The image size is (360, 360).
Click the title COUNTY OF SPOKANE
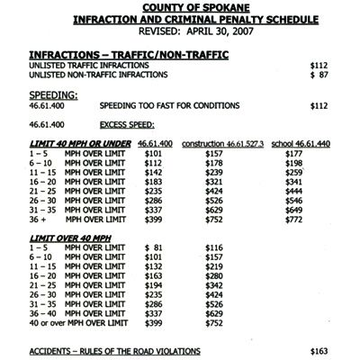click(179, 7)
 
